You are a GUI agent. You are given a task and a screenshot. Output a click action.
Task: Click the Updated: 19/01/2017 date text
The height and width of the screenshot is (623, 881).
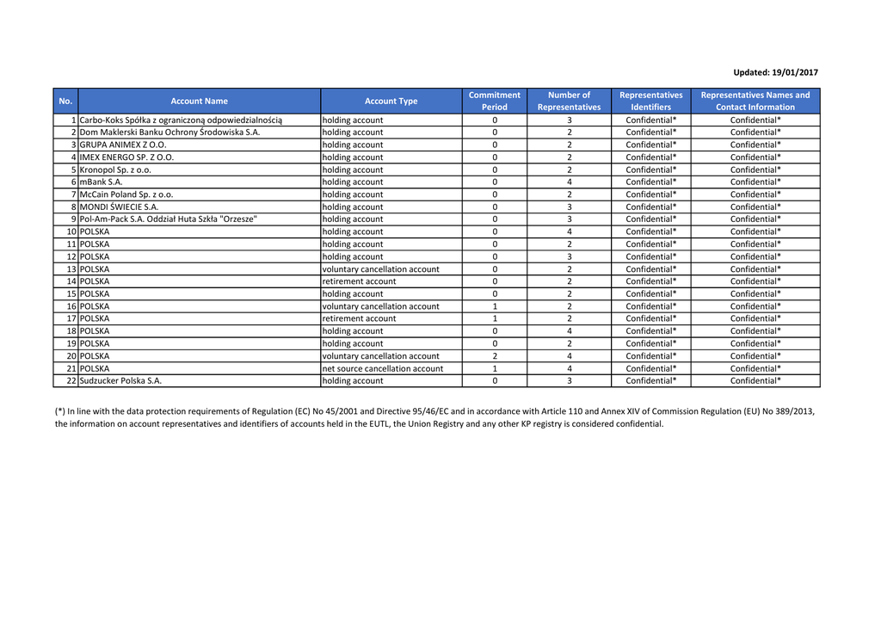[x=775, y=73]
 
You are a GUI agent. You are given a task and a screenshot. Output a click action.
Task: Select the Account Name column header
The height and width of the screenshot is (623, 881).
[x=199, y=102]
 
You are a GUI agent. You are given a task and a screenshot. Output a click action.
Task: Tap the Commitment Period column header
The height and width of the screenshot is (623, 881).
[x=494, y=102]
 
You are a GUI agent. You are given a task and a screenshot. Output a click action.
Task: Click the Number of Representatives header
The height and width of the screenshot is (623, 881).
[x=569, y=102]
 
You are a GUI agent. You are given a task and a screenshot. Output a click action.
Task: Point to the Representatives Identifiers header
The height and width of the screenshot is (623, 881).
[x=650, y=102]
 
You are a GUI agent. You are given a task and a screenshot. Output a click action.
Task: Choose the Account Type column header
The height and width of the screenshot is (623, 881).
[x=391, y=102]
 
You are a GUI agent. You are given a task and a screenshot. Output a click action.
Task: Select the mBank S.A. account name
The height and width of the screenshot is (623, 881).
[x=102, y=182]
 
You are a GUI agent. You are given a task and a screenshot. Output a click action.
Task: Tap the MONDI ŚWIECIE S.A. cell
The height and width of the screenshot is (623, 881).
[x=119, y=207]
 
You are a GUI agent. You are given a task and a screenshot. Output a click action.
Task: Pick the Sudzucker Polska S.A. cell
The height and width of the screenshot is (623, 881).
[x=120, y=380]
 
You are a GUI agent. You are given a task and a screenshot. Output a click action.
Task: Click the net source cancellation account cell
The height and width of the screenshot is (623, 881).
[x=383, y=368]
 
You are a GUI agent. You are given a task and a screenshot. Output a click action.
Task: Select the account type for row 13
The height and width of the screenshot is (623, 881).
[x=380, y=269]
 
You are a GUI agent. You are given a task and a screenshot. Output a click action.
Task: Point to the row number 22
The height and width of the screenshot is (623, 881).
[x=71, y=380]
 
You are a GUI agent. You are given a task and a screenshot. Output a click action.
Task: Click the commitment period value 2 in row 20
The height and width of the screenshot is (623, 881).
[x=495, y=356]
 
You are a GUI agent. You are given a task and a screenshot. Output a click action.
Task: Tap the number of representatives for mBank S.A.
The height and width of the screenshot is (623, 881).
[x=569, y=182]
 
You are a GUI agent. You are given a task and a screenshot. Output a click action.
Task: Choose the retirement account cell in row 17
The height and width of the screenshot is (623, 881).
[x=359, y=318]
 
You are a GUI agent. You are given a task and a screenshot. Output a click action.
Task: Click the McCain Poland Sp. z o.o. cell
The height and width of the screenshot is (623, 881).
[x=126, y=194]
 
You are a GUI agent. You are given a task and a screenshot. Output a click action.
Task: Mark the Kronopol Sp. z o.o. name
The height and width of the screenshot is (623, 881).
[x=115, y=170]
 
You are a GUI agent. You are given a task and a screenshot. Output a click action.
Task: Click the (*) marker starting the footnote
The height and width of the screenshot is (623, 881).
[x=60, y=411]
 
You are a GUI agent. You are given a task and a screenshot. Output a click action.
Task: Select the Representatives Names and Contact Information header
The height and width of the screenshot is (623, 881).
[x=755, y=102]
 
